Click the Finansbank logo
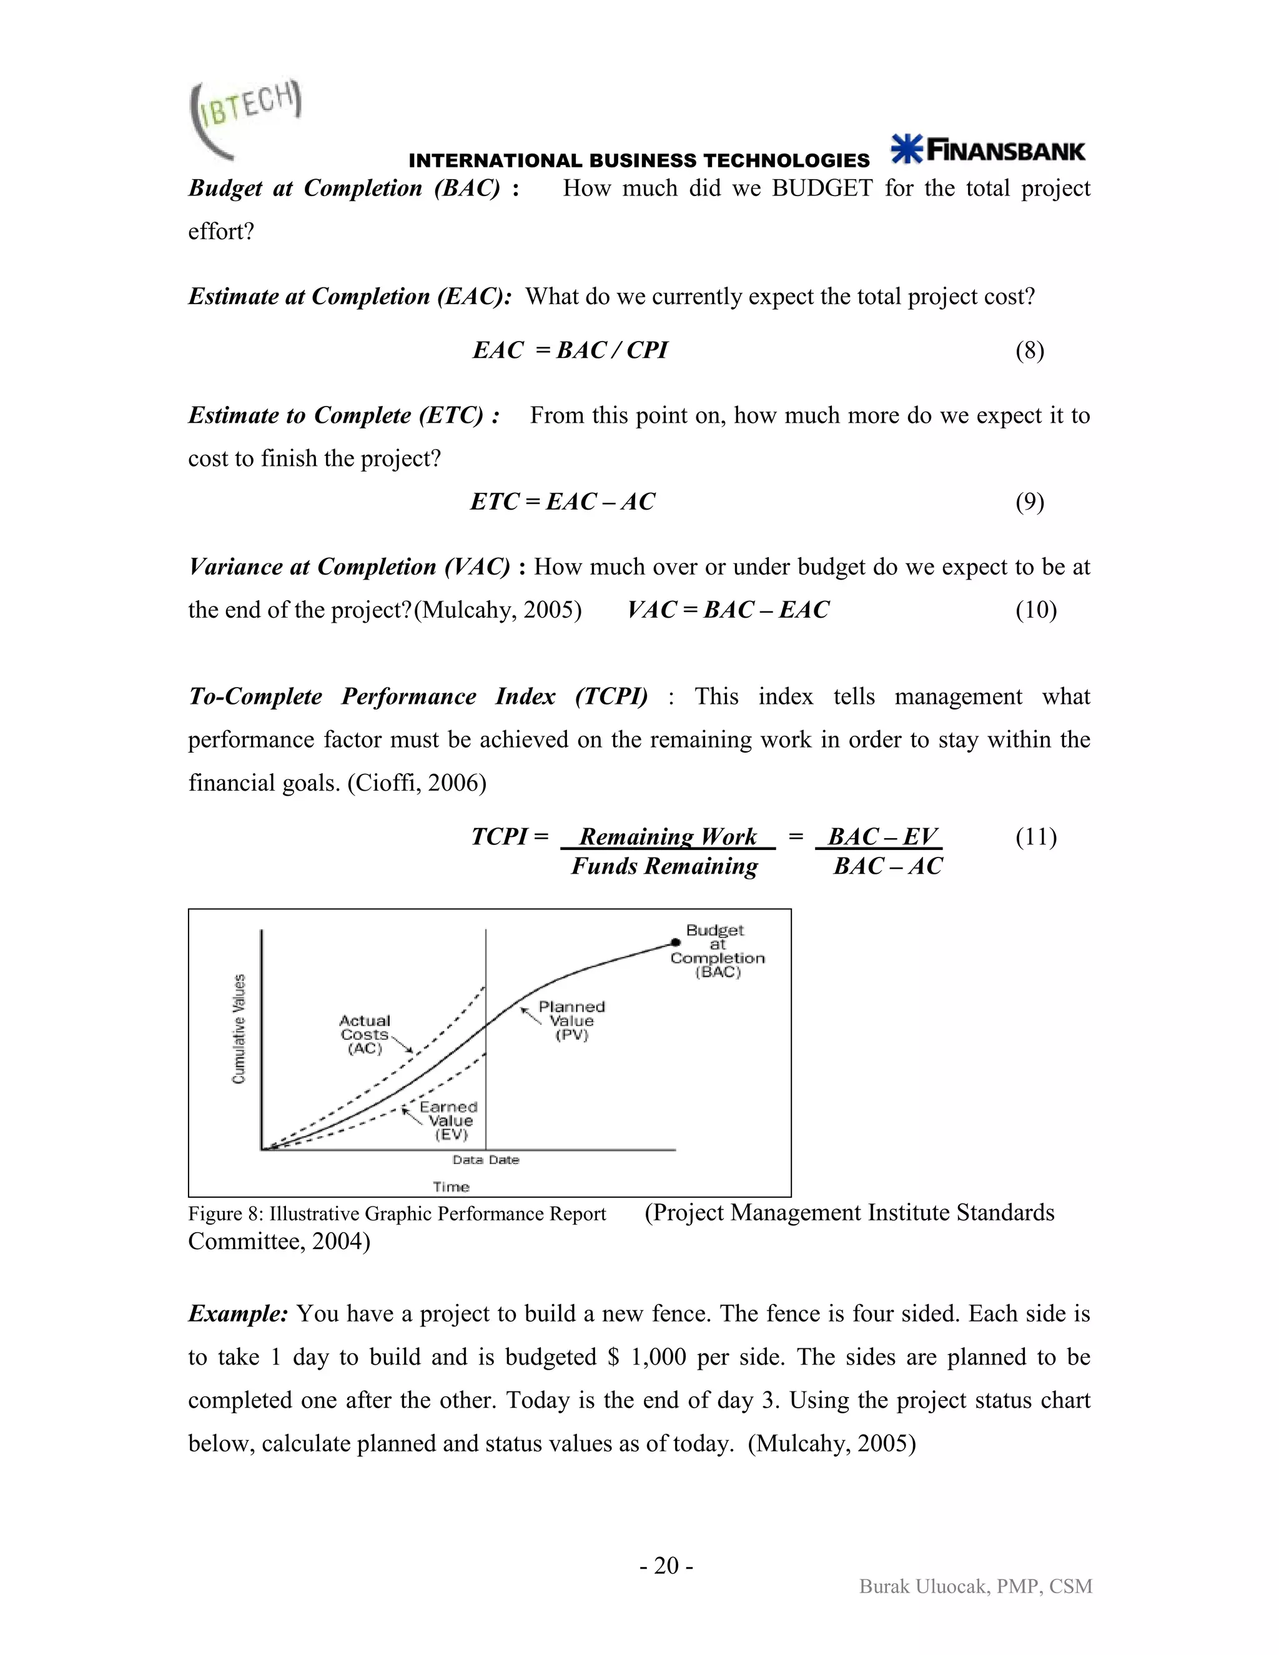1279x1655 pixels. [988, 150]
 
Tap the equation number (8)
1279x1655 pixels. [1029, 351]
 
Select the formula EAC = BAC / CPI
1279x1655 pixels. [570, 350]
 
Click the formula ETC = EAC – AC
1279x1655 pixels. [562, 501]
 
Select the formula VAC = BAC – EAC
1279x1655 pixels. [728, 610]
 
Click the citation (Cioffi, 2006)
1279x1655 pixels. [417, 783]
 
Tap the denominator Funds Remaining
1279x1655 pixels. [664, 866]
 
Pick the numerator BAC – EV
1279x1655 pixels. [882, 837]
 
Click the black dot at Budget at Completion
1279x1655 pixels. [675, 942]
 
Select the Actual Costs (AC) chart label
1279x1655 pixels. [365, 1034]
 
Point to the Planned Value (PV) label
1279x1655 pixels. [572, 1020]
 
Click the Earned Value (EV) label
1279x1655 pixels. [448, 1121]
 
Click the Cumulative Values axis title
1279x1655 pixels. [239, 1029]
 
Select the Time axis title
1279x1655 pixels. [451, 1187]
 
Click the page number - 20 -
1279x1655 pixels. [666, 1566]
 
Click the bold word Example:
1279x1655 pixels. [238, 1314]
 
